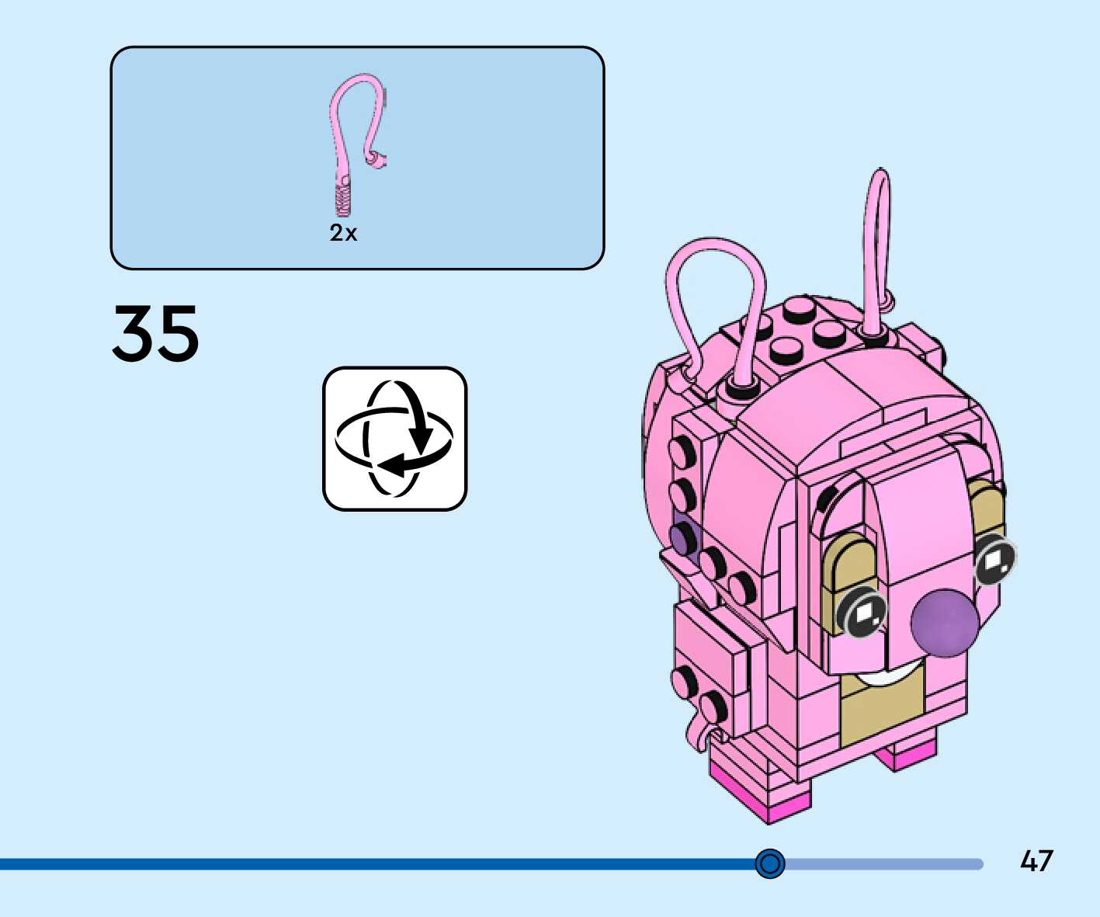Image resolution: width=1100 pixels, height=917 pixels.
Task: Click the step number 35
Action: (x=155, y=333)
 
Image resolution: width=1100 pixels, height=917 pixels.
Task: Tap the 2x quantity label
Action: (x=343, y=232)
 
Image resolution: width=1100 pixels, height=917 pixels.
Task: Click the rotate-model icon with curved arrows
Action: (x=394, y=439)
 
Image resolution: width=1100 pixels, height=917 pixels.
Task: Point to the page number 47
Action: (x=1036, y=861)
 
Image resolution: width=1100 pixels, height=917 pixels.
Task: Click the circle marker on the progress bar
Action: (x=770, y=863)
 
